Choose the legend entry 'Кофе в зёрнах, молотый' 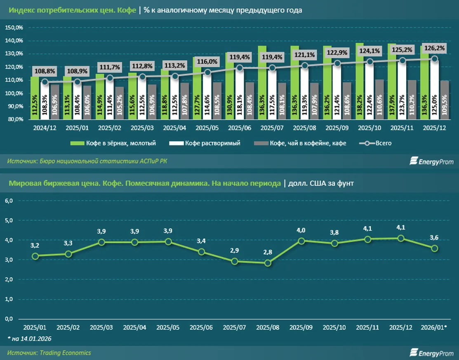(116, 143)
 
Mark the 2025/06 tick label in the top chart (240, 129)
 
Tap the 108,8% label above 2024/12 (56, 71)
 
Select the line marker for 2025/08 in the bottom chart (268, 263)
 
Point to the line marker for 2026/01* (435, 248)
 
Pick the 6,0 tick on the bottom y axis (9, 201)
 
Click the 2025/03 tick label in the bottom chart (101, 327)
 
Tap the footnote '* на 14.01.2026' (29, 339)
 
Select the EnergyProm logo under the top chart (432, 161)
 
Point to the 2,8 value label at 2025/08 (268, 252)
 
